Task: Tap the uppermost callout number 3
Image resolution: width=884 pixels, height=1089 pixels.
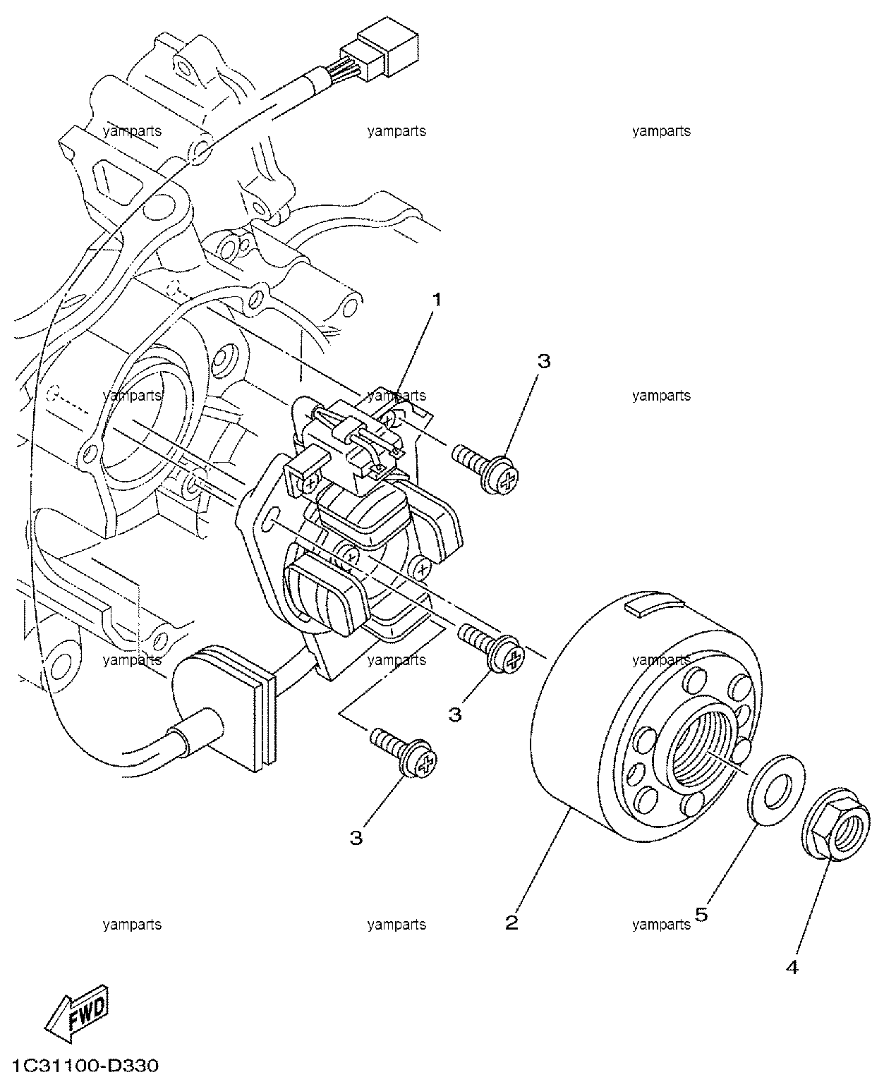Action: point(544,361)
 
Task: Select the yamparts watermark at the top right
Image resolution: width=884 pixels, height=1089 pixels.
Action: point(661,131)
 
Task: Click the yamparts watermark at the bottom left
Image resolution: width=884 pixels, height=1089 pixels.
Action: point(132,924)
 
